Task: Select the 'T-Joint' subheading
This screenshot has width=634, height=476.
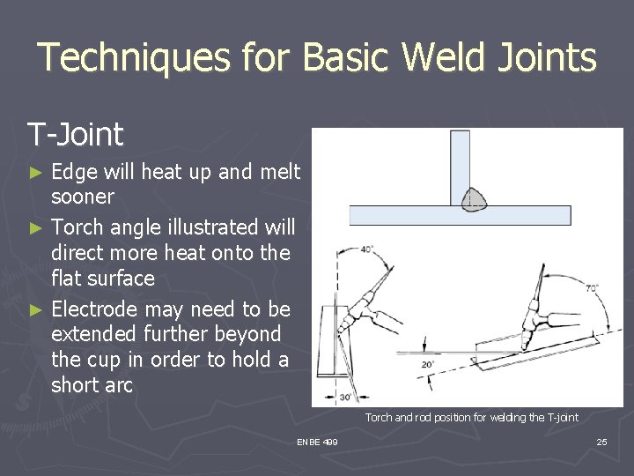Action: (x=75, y=135)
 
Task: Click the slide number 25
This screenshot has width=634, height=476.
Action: (x=601, y=442)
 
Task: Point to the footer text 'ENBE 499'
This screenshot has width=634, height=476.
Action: (x=317, y=442)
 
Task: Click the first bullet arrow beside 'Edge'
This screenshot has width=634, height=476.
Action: (x=36, y=172)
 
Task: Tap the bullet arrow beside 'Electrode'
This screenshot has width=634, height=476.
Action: (x=36, y=309)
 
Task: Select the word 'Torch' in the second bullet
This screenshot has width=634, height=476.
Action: (x=78, y=227)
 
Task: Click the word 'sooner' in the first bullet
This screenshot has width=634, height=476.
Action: (x=83, y=196)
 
